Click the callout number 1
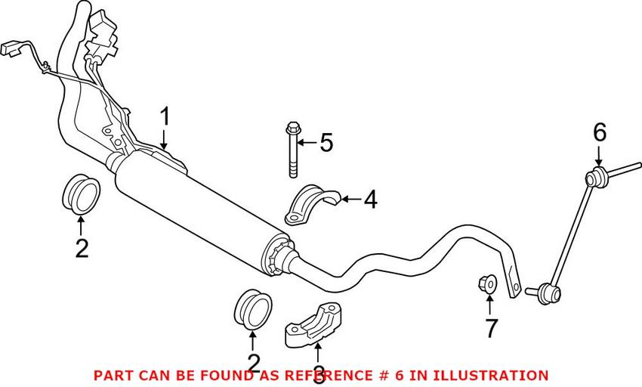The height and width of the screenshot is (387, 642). coord(165,116)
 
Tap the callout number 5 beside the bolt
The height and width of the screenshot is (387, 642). coord(326,143)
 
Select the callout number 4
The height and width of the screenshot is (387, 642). coord(370,200)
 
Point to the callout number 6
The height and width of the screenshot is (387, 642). coord(600,133)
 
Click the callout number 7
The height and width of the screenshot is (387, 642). coord(490,328)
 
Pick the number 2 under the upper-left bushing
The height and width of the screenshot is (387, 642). coord(82,249)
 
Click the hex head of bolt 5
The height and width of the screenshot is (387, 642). coord(293,128)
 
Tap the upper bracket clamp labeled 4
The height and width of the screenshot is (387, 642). coord(312,204)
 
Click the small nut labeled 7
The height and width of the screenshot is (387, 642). coord(487,283)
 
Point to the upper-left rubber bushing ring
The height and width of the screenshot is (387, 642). coord(82,194)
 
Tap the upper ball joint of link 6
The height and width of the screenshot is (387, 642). coord(595,178)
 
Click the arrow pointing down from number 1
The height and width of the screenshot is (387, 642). coord(164,139)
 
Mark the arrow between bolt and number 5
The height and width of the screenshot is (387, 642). coord(307,143)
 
